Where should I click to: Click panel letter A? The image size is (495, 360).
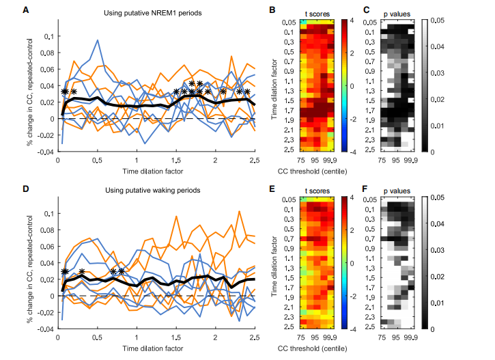[x=25, y=10]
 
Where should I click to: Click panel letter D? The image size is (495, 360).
[x=25, y=188]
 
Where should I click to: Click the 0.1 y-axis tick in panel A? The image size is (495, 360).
[x=49, y=36]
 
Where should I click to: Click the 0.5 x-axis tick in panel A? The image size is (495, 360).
[x=97, y=161]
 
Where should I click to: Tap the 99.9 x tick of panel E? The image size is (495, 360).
[x=330, y=338]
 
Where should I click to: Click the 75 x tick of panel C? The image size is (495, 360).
[x=382, y=161]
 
